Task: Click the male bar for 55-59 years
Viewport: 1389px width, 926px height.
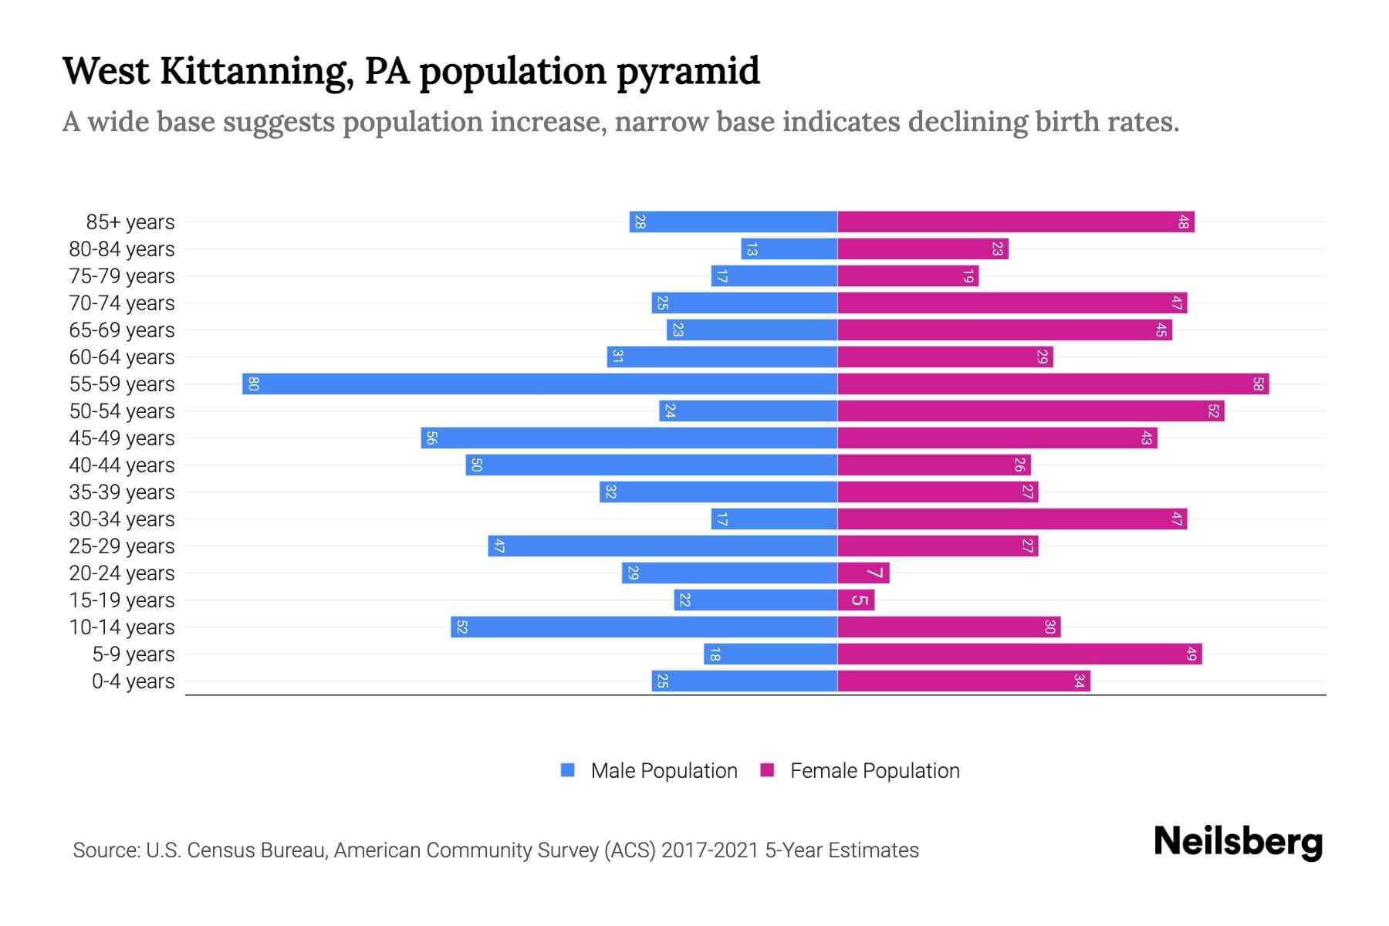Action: coord(540,384)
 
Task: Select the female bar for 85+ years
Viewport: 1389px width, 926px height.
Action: coord(1016,222)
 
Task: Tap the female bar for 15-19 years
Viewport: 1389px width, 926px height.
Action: coord(856,600)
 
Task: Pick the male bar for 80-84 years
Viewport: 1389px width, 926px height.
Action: coord(789,249)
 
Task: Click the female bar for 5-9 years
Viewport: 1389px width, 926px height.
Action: coord(1019,654)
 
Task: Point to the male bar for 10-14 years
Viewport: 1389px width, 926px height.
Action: coord(644,627)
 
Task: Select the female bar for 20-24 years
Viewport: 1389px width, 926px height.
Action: coord(863,573)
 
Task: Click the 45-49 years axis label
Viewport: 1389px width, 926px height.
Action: coord(122,438)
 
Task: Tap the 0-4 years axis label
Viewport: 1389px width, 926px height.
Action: coord(133,681)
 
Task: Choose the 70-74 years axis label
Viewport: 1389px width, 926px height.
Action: coord(122,303)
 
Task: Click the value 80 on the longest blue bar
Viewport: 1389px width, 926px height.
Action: coord(253,384)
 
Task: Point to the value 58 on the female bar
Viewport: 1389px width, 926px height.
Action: coord(1258,384)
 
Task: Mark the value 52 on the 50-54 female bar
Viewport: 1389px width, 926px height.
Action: coord(1213,411)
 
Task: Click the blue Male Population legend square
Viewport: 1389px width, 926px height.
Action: coord(568,770)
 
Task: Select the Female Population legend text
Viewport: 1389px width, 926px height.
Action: coord(874,771)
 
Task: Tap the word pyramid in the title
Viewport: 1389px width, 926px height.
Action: coord(688,72)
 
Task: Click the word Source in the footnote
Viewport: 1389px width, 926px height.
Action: coord(105,850)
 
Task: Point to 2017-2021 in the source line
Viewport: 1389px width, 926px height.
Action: coord(710,850)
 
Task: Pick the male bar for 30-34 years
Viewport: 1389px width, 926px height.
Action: coord(774,519)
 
